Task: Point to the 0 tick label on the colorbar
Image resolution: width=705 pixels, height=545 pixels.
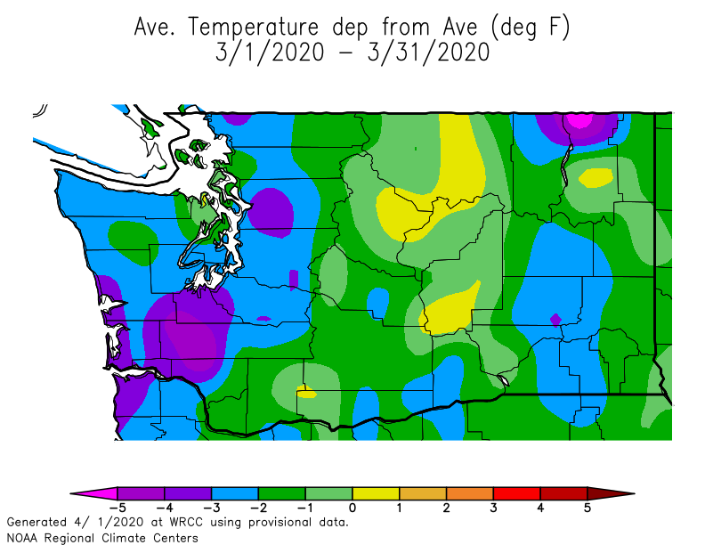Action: (x=352, y=508)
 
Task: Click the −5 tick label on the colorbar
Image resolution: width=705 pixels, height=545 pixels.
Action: (x=115, y=508)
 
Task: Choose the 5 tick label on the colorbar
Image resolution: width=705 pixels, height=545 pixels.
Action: (x=587, y=508)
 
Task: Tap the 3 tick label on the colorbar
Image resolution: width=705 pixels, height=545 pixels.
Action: (x=493, y=508)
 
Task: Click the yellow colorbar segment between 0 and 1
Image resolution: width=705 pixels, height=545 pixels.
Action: (x=376, y=492)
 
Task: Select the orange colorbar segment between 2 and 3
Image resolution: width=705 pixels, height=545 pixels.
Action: (x=470, y=492)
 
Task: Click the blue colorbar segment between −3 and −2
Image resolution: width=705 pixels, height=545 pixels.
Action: (x=234, y=492)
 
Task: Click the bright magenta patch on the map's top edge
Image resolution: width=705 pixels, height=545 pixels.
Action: (x=579, y=119)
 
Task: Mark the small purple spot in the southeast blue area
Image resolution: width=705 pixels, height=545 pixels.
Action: (x=555, y=319)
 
